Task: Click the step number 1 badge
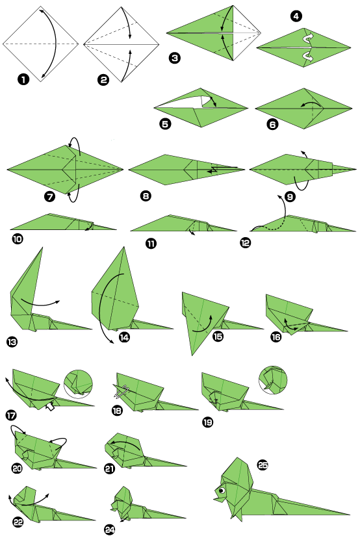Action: pyautogui.click(x=23, y=80)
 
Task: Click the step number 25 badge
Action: pyautogui.click(x=263, y=465)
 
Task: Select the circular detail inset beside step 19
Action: pyautogui.click(x=273, y=379)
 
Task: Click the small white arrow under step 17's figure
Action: pyautogui.click(x=49, y=407)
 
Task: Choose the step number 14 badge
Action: pyautogui.click(x=123, y=337)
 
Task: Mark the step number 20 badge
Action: pyautogui.click(x=16, y=467)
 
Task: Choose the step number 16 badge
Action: pyautogui.click(x=276, y=337)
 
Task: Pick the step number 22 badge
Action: pyautogui.click(x=16, y=522)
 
